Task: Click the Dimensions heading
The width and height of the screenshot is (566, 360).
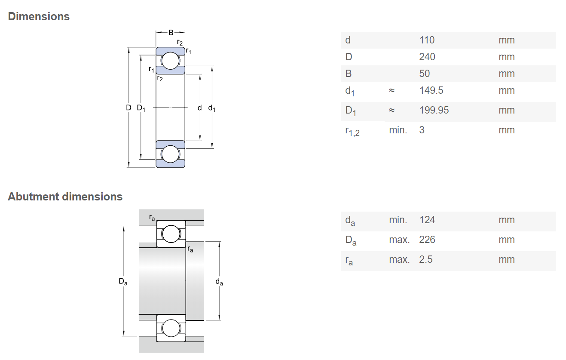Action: tap(39, 16)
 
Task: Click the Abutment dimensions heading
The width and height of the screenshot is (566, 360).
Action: tap(65, 197)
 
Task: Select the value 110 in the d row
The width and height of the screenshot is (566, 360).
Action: tap(427, 40)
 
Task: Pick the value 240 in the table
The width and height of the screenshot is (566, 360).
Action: tap(427, 57)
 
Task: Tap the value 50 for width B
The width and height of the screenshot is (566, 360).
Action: tap(425, 74)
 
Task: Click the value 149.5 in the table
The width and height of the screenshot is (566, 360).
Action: tap(431, 90)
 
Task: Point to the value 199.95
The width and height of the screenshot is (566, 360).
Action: tap(434, 110)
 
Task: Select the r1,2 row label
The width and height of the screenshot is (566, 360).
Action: tap(352, 131)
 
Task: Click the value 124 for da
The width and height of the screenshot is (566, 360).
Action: tap(427, 220)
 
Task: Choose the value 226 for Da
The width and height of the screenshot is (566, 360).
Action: tap(427, 240)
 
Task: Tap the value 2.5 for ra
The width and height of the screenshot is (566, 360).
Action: tap(426, 259)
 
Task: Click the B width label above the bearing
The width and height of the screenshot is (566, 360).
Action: tap(171, 33)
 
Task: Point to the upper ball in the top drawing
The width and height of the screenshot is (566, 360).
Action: tap(170, 61)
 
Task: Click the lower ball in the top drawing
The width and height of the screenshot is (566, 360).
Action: tap(170, 154)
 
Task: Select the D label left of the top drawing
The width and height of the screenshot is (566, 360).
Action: tap(128, 108)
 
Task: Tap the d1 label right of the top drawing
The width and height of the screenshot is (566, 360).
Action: tap(212, 108)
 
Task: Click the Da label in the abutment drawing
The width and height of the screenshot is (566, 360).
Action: tap(123, 281)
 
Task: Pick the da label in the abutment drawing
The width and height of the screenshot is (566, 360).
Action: tap(219, 282)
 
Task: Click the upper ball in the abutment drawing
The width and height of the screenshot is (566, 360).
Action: tap(171, 234)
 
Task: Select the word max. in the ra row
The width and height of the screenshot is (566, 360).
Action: tap(399, 260)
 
